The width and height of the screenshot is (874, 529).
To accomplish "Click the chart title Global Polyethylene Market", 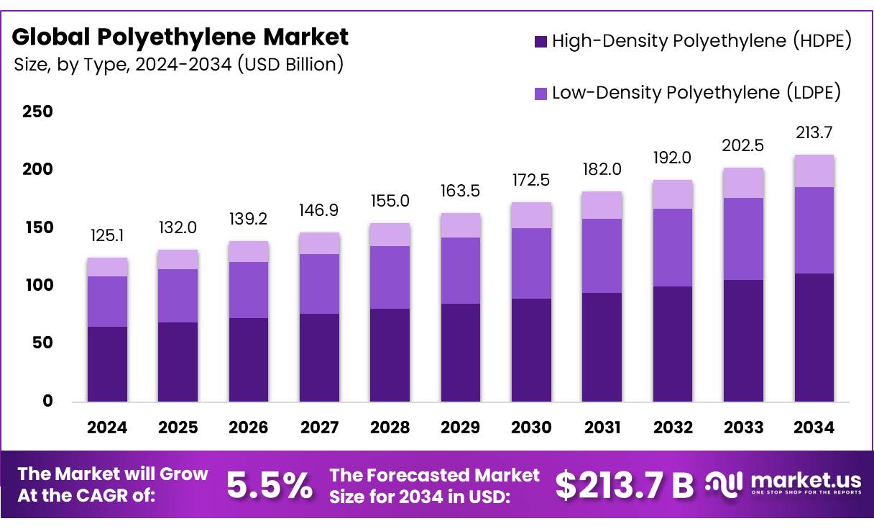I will (180, 36).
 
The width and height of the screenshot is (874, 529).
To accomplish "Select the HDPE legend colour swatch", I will (541, 42).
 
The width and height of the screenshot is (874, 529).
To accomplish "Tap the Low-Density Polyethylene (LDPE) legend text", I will (696, 93).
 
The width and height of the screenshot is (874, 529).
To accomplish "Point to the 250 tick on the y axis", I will (37, 112).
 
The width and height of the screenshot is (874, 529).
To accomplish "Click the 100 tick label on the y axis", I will (37, 285).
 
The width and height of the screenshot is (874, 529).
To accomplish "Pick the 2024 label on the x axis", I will (107, 428).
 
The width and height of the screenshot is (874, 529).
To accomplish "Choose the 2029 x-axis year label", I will (461, 428).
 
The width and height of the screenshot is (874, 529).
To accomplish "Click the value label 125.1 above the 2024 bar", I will (107, 236).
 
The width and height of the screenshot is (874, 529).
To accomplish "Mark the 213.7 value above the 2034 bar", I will (814, 132).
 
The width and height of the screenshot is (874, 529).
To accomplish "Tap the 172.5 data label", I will (531, 181).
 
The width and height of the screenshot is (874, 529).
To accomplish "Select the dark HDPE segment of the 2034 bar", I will (814, 337).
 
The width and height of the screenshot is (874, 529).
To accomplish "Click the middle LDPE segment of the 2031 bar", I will (602, 256).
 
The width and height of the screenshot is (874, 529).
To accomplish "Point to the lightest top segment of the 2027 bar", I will (319, 243).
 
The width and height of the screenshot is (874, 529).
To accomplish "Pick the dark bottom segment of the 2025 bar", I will (178, 361).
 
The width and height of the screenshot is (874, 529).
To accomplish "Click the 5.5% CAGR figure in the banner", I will (270, 486).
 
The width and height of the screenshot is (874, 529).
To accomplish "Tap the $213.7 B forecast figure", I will (624, 486).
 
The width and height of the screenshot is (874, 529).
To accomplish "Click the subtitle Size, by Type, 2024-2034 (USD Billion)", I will (178, 65).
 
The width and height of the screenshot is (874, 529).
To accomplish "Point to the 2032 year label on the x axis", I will (673, 428).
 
